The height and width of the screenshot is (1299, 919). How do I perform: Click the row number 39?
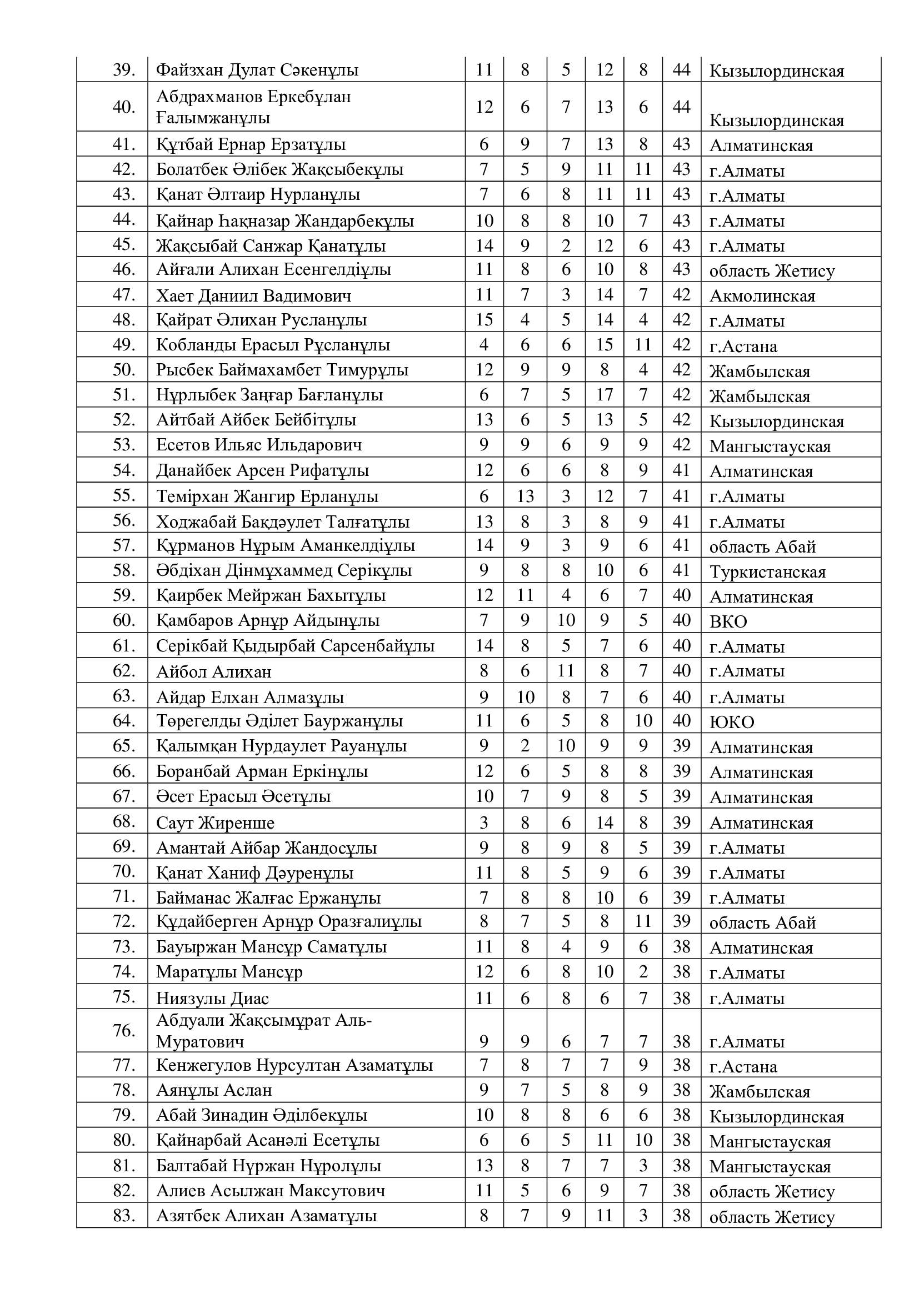[124, 69]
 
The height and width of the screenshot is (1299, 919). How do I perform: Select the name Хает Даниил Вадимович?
[253, 295]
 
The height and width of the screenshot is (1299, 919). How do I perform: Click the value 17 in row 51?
[604, 395]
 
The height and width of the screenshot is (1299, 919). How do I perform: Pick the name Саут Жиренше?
[215, 822]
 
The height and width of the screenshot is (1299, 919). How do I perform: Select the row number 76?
[124, 1030]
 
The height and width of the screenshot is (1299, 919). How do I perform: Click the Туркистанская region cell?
[767, 572]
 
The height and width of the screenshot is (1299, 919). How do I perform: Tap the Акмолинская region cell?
[762, 296]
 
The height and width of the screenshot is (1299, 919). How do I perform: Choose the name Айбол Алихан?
[214, 671]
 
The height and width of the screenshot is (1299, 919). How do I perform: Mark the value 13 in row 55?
[525, 496]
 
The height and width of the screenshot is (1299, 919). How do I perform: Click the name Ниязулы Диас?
[212, 998]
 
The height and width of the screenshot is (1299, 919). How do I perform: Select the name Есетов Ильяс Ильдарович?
[259, 445]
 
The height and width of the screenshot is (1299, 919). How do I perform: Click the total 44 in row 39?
[681, 69]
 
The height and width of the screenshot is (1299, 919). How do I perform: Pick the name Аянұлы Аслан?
[214, 1090]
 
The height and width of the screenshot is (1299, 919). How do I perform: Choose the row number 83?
[124, 1215]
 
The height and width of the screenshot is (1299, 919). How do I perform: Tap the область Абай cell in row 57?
[762, 547]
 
